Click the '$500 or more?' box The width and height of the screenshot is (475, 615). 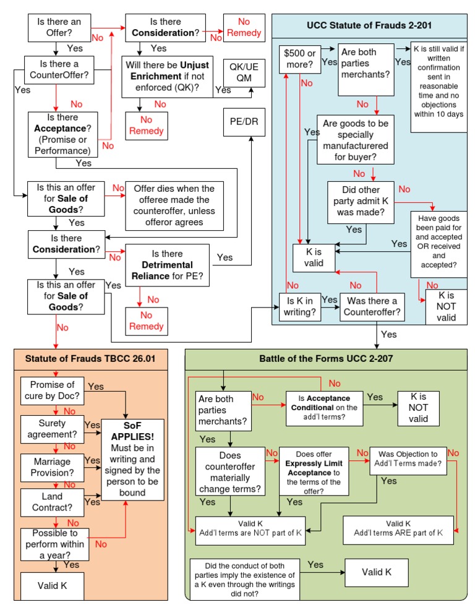point(299,58)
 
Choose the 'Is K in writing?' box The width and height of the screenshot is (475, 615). point(300,306)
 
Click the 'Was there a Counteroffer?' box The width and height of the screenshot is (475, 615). point(372,306)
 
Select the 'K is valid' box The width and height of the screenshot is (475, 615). point(314,257)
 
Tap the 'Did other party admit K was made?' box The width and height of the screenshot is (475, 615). point(361,201)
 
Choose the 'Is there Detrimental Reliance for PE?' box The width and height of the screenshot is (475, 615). point(167,264)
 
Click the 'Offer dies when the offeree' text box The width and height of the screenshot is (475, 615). point(174,205)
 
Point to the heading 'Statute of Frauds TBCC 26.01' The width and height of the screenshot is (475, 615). point(90,358)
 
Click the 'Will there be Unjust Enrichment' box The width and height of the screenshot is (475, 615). point(166,75)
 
